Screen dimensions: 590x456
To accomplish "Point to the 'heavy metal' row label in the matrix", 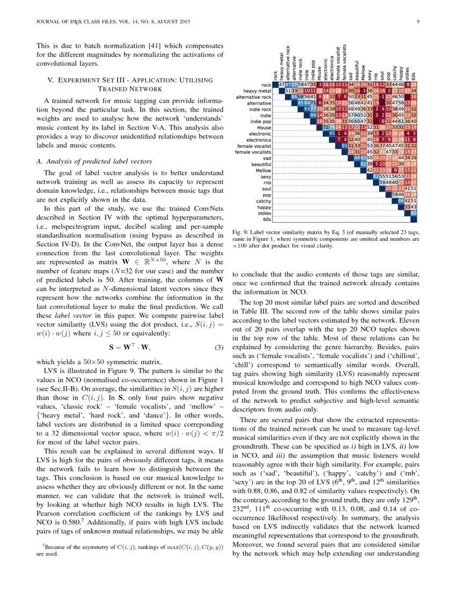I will point(257,91).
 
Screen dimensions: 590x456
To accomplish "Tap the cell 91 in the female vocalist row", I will point(344,145).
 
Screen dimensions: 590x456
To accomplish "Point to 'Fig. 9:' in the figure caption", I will point(241,232).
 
